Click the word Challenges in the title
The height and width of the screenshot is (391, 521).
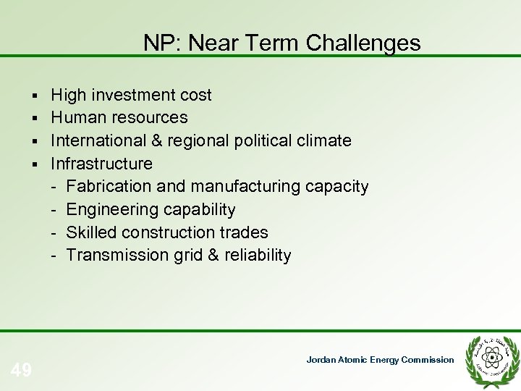pyautogui.click(x=363, y=43)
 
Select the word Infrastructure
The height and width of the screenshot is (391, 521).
pyautogui.click(x=101, y=163)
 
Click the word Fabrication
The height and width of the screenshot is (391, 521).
pyautogui.click(x=109, y=186)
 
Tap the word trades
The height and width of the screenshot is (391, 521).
pyautogui.click(x=244, y=232)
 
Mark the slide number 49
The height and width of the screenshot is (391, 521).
pyautogui.click(x=22, y=371)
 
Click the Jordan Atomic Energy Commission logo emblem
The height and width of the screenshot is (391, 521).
pyautogui.click(x=491, y=358)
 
